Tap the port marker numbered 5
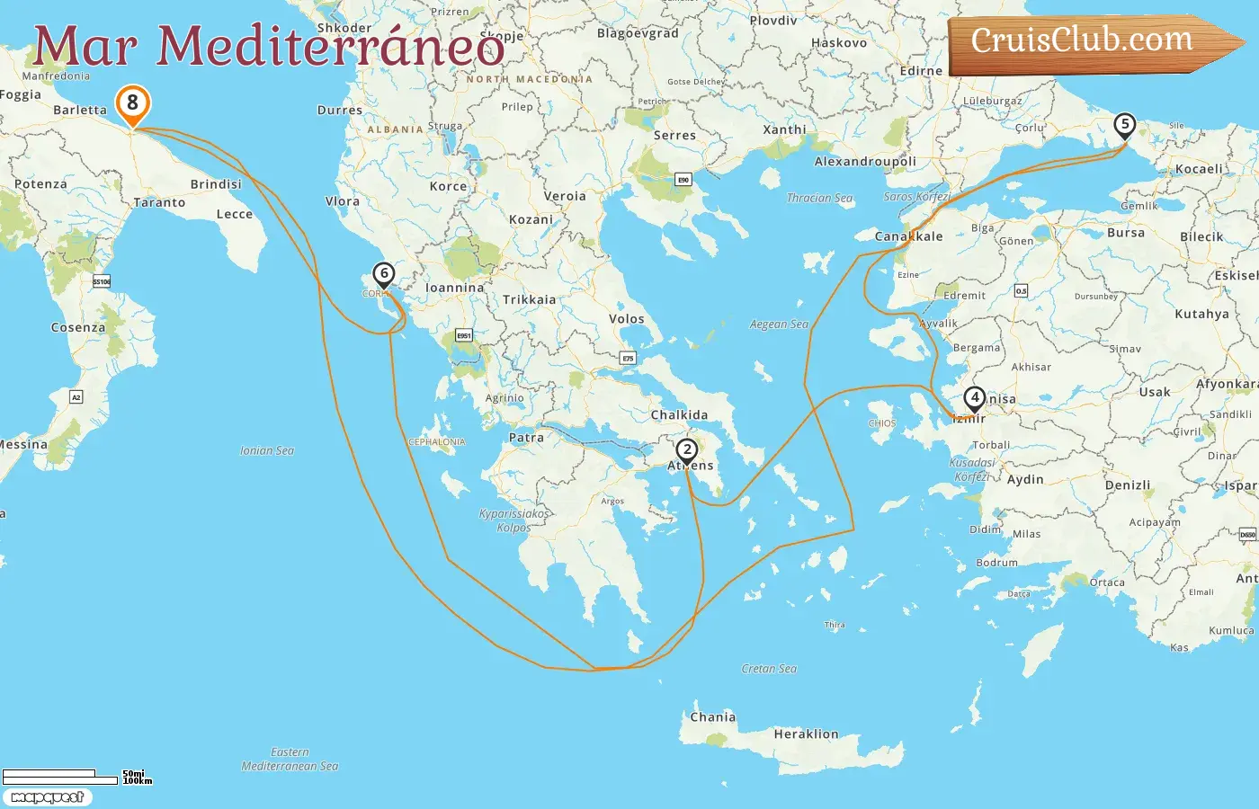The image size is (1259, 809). [x=1124, y=125]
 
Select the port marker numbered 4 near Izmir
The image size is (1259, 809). [x=974, y=398]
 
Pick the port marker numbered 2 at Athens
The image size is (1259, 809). [x=687, y=450]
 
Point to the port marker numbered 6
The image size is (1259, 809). [x=384, y=274]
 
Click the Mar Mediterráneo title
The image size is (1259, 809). [x=268, y=47]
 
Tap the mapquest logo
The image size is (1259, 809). [x=47, y=797]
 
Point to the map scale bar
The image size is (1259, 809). [x=63, y=775]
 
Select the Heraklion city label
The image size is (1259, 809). [x=806, y=734]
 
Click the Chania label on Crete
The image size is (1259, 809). [x=712, y=717]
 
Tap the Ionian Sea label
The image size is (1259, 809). [x=267, y=450]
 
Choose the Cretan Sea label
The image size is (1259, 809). [x=769, y=669]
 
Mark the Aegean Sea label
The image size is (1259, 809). [x=779, y=324]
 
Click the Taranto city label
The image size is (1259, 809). [x=159, y=203]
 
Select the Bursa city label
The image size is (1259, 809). [x=1126, y=233]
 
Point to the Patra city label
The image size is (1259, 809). [x=526, y=438]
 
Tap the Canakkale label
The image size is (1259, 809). [x=908, y=236]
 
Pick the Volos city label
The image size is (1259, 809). [x=626, y=319]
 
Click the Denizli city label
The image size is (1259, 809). [x=1128, y=485]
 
